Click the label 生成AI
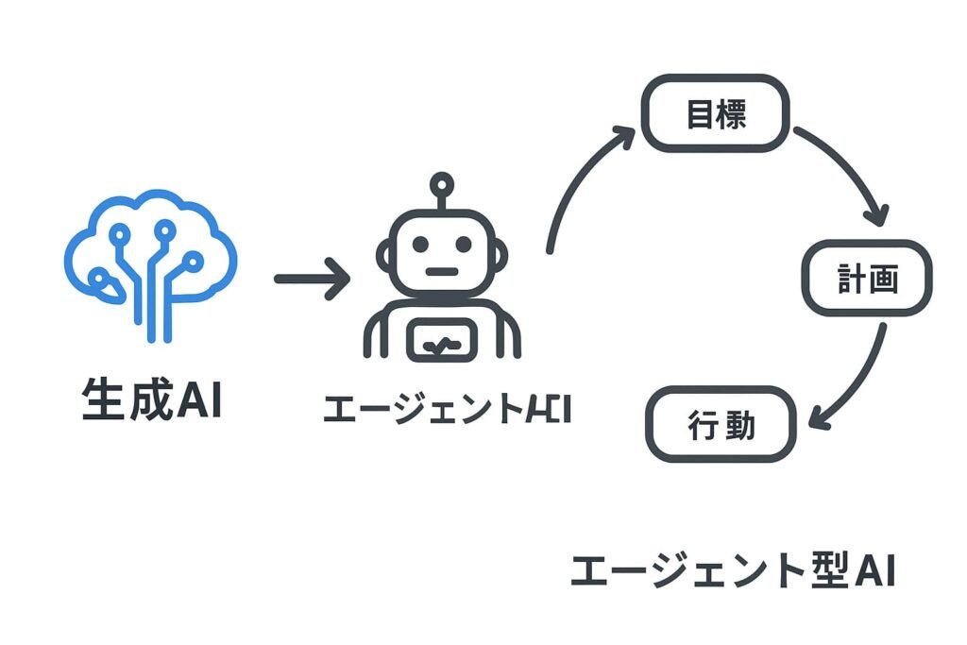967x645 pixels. pyautogui.click(x=151, y=400)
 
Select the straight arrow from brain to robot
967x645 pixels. pyautogui.click(x=312, y=280)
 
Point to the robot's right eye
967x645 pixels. pyautogui.click(x=464, y=244)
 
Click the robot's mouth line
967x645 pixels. pyautogui.click(x=441, y=272)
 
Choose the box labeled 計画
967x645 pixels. pyautogui.click(x=867, y=280)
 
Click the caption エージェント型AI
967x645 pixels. pyautogui.click(x=733, y=571)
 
